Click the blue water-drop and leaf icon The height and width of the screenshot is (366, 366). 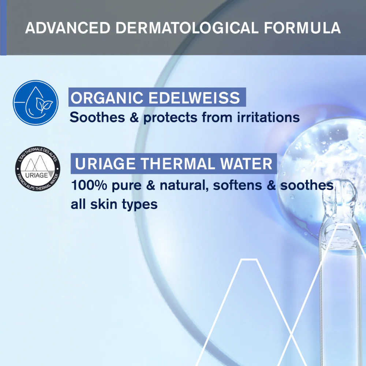[36, 103]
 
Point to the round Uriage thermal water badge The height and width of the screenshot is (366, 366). [38, 169]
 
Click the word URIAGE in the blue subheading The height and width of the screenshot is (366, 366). [105, 164]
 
